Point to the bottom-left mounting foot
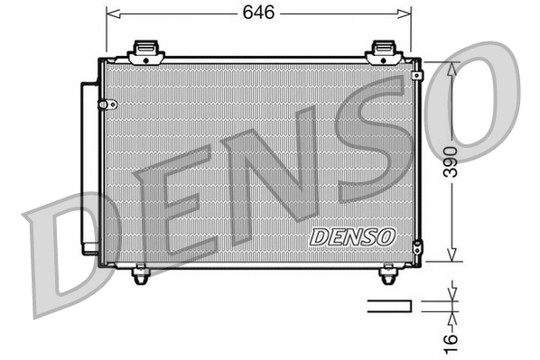click(x=139, y=274)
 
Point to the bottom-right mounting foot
click(x=389, y=274)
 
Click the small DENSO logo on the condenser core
click(x=352, y=236)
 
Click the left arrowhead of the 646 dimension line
click(x=111, y=13)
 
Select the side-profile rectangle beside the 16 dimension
click(x=389, y=306)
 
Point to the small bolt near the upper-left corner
click(x=113, y=103)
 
